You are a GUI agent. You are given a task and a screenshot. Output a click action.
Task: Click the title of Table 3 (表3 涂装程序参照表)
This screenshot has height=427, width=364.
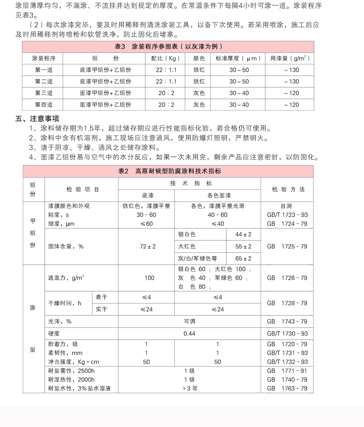point(168,47)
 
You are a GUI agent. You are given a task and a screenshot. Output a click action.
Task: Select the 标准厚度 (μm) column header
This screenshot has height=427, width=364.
point(239,59)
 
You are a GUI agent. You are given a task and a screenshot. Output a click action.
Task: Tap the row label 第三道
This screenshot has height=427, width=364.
point(44,93)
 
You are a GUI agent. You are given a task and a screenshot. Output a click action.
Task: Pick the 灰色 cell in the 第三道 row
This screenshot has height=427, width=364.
point(199,93)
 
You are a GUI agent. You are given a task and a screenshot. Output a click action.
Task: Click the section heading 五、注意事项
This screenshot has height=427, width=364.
point(37,119)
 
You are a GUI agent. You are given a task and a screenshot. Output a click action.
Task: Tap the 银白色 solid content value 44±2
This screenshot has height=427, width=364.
point(243,234)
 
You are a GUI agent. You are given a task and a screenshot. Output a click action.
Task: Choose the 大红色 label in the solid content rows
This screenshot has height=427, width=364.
point(187,246)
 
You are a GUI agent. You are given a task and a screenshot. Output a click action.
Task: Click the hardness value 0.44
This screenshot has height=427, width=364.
point(189,333)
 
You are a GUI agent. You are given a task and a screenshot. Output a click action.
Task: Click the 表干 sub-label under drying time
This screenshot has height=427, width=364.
point(101,297)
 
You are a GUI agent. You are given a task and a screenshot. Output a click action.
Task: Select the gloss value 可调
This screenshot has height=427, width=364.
point(189,321)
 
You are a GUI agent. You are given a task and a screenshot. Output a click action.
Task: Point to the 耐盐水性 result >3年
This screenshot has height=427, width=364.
point(189,388)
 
